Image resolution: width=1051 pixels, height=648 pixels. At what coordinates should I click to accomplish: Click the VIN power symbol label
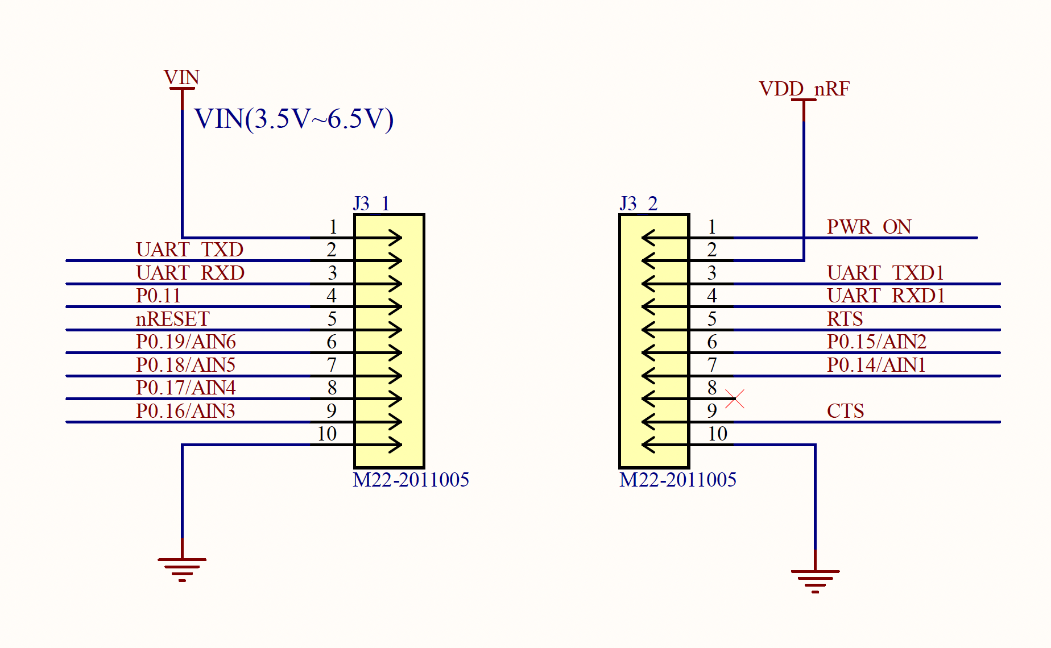181,77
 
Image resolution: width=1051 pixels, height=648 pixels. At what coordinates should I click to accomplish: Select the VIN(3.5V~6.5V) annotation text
293,119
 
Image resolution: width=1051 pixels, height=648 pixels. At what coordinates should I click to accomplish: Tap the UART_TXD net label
189,250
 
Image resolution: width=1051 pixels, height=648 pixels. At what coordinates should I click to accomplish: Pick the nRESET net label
172,319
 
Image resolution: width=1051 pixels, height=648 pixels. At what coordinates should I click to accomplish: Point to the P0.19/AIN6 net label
185,342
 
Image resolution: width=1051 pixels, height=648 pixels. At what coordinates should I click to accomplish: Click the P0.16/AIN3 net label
185,411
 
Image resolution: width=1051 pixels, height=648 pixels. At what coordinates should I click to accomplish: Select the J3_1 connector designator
371,203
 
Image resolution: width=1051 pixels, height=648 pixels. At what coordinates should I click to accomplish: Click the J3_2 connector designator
638,203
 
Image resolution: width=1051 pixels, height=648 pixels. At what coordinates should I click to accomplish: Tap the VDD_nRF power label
804,89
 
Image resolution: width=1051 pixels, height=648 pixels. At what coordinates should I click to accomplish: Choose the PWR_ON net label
868,227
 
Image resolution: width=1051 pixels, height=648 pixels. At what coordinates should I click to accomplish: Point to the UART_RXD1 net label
886,296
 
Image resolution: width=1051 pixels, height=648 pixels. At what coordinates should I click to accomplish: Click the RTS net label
845,319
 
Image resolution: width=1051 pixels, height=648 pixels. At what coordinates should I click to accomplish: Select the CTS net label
845,411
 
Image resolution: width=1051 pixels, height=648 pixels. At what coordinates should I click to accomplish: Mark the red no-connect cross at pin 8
735,399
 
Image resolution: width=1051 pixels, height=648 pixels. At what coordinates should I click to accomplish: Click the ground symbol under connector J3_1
182,568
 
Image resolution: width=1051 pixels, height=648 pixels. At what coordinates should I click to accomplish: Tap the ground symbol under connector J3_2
815,580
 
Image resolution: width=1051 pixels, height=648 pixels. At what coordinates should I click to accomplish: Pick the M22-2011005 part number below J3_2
677,480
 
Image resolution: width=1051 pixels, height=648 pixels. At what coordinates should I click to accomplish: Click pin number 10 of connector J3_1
327,434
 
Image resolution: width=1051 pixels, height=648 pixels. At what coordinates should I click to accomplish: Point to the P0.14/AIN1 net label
876,365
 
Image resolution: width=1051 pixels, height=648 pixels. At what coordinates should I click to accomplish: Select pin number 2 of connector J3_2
711,250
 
